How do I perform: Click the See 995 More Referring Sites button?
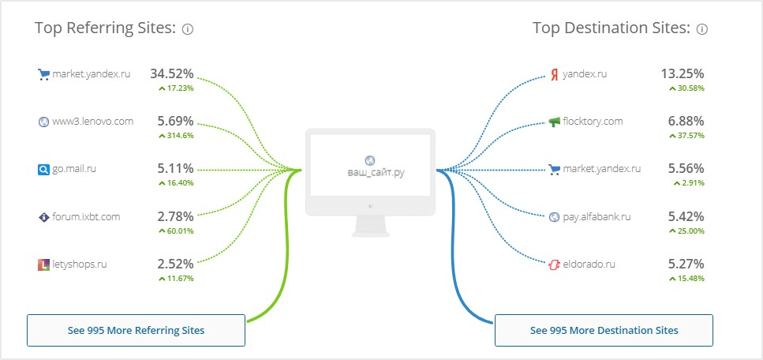click(136, 330)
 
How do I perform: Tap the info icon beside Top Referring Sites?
click(188, 29)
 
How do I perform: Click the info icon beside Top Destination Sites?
click(702, 29)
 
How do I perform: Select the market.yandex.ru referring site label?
click(91, 75)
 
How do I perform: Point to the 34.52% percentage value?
click(172, 74)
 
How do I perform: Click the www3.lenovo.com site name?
click(92, 122)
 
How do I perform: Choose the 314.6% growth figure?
click(176, 135)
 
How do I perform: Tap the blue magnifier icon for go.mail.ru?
click(43, 169)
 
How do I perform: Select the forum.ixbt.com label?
click(86, 216)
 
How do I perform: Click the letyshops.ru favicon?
click(43, 264)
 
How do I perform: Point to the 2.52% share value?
click(175, 263)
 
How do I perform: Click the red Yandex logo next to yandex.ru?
click(555, 75)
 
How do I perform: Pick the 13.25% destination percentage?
click(683, 74)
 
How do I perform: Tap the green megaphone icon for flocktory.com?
click(555, 122)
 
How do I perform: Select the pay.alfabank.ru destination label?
click(597, 216)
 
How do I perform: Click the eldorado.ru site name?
click(590, 264)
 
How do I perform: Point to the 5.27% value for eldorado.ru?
click(686, 263)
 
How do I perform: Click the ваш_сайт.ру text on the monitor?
click(370, 172)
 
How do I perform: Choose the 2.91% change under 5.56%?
click(690, 182)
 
